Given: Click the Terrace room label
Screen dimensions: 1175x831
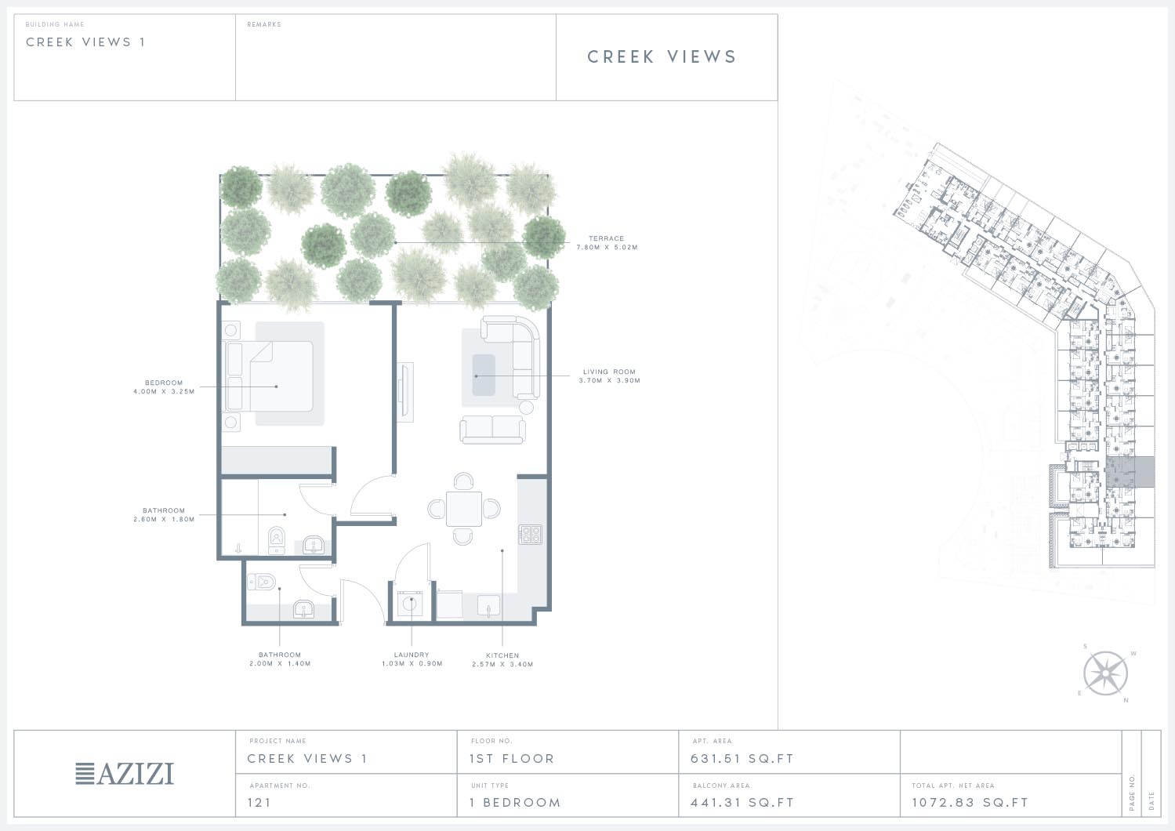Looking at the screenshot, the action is pyautogui.click(x=606, y=238).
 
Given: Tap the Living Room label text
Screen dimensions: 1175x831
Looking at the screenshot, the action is pyautogui.click(x=609, y=372).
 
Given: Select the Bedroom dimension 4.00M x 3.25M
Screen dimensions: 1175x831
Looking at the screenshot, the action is pyautogui.click(x=164, y=391).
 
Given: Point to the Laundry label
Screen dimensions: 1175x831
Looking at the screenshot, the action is pyautogui.click(x=412, y=655).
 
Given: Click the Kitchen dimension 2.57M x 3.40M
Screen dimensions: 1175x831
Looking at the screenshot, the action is pyautogui.click(x=502, y=664).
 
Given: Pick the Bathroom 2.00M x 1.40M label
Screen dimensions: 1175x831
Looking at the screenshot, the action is pyautogui.click(x=280, y=659).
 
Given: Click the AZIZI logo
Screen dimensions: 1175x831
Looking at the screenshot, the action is pyautogui.click(x=125, y=774).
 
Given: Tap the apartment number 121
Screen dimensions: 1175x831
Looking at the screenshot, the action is pyautogui.click(x=259, y=803).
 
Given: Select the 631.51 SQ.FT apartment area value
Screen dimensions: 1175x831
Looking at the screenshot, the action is pyautogui.click(x=742, y=759).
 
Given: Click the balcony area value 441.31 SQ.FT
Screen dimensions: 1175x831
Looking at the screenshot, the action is pyautogui.click(x=742, y=803).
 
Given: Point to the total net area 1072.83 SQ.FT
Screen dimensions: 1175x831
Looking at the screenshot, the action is pyautogui.click(x=970, y=803).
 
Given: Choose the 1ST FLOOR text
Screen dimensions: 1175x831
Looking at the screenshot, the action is pyautogui.click(x=512, y=759).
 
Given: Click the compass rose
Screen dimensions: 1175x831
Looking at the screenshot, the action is pyautogui.click(x=1106, y=673).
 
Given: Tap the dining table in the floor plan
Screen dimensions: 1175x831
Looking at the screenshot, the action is pyautogui.click(x=464, y=509).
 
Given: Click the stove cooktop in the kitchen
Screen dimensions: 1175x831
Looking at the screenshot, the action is pyautogui.click(x=531, y=534).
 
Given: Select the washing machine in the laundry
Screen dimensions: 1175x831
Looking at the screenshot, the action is pyautogui.click(x=410, y=604).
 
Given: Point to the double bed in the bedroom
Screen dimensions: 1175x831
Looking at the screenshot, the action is pyautogui.click(x=270, y=376).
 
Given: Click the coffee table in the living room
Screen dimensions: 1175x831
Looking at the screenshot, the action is pyautogui.click(x=484, y=375).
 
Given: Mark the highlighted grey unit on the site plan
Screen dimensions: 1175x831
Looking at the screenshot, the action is pyautogui.click(x=1130, y=472).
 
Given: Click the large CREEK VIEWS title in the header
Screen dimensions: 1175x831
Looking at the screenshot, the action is pyautogui.click(x=662, y=56).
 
